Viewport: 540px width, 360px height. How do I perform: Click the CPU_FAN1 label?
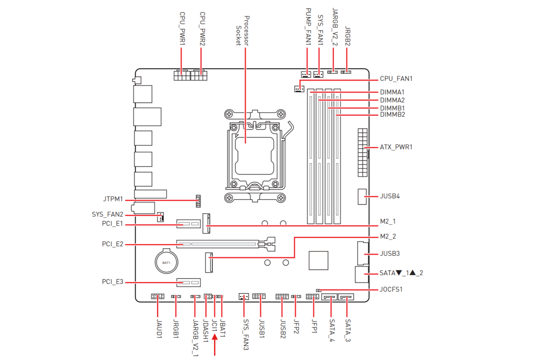click(396, 79)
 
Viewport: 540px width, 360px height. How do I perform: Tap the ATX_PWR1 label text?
click(396, 147)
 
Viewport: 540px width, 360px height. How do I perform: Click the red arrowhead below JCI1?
click(215, 337)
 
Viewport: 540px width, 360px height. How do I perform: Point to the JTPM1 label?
click(113, 199)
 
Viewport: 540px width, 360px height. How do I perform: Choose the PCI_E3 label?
click(113, 282)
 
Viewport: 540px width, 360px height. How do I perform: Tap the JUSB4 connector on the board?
click(362, 197)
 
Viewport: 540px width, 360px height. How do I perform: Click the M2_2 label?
click(388, 236)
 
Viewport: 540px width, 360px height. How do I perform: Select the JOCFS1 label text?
click(391, 289)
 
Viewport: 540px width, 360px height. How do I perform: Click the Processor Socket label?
click(243, 31)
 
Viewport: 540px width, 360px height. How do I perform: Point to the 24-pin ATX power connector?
click(363, 153)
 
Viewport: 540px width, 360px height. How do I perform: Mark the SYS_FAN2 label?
click(108, 214)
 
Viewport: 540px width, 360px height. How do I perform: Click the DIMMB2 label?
click(392, 115)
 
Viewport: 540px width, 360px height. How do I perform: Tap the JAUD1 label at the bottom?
click(159, 329)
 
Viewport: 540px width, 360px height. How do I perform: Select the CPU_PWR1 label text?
click(182, 29)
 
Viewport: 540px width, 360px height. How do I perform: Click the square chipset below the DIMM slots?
click(318, 261)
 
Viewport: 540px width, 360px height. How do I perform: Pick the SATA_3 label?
click(348, 330)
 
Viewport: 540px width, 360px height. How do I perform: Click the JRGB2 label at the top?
click(348, 36)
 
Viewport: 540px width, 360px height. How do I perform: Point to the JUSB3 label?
click(390, 253)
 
